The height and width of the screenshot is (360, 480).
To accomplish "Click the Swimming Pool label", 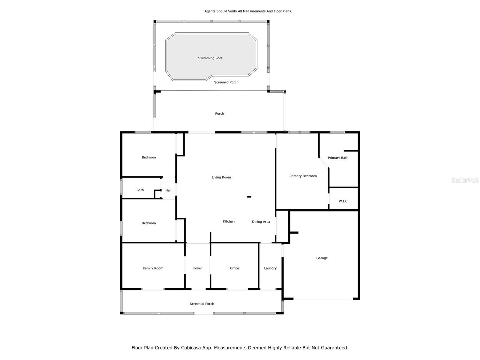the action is (210, 58).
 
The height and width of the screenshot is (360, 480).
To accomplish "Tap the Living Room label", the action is (221, 177).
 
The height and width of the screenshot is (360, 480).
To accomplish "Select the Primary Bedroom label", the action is (303, 176).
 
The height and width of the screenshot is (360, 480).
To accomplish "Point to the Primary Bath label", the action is (338, 158).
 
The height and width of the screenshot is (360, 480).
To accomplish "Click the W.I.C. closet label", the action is (343, 201).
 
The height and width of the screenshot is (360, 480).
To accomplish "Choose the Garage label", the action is (322, 258).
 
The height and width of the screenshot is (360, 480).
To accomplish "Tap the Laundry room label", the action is (270, 268).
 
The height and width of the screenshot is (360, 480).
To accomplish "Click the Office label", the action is (234, 268).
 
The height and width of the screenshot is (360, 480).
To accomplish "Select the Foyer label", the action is (198, 268).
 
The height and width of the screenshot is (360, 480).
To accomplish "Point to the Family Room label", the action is (153, 268).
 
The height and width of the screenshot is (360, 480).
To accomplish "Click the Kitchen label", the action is (229, 221).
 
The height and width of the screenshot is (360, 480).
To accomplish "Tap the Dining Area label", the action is (261, 222).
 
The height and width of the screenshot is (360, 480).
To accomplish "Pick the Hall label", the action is (168, 190).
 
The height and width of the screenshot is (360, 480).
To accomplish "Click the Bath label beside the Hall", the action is (140, 190).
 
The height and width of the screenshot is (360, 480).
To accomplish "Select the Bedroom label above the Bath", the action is (149, 157).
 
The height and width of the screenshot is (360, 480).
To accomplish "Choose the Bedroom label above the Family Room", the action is (149, 223).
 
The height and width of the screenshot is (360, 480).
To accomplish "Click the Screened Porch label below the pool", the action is (226, 82).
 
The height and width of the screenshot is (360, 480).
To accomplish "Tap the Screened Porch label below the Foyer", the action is (202, 304).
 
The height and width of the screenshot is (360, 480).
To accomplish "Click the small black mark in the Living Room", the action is (249, 197).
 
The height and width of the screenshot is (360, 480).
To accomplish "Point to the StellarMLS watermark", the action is (465, 180).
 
